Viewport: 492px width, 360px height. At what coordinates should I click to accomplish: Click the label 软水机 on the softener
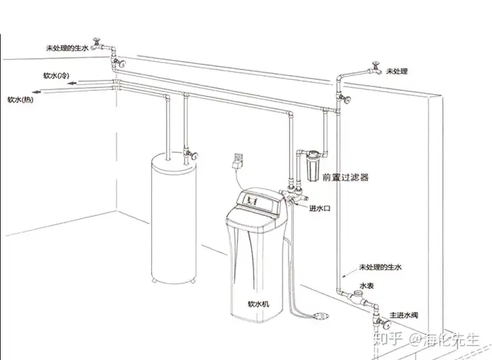tap(258, 304)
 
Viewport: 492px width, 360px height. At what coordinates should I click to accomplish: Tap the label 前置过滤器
tap(346, 178)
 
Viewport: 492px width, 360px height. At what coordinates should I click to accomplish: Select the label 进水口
tap(320, 208)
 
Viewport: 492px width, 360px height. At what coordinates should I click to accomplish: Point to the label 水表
tap(366, 286)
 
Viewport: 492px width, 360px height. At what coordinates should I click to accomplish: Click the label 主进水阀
tap(404, 315)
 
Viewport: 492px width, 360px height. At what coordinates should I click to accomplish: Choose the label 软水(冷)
tap(56, 76)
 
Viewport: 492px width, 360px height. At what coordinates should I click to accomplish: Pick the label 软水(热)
tap(20, 100)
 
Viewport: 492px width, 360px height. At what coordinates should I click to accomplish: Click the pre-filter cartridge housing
tap(312, 166)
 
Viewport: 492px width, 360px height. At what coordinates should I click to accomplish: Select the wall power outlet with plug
tap(238, 161)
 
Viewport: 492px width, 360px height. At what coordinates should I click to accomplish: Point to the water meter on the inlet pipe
tap(357, 296)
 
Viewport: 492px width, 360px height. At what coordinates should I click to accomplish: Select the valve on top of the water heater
tap(191, 154)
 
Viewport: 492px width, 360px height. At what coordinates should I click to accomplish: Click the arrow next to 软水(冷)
tap(72, 83)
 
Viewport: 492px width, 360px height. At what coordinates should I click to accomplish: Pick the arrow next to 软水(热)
tap(37, 92)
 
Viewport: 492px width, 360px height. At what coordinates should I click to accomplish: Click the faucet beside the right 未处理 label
tap(374, 69)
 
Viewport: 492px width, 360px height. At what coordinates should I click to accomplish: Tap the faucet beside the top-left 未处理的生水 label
tap(98, 45)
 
